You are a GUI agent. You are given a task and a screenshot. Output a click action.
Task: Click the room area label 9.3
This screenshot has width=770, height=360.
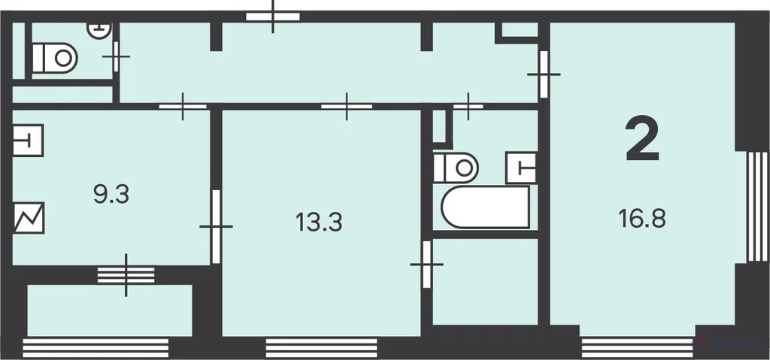click(111, 195)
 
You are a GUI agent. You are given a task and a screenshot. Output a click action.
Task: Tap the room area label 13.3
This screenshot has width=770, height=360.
click(319, 222)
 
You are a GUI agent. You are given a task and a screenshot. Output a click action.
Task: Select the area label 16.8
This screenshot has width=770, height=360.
click(642, 219)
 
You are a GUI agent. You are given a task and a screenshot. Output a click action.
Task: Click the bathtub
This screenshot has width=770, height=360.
click(486, 207)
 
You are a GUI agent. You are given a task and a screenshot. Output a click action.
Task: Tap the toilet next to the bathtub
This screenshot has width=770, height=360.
click(456, 168)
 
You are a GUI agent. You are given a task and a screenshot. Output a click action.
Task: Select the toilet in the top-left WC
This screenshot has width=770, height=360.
click(55, 58)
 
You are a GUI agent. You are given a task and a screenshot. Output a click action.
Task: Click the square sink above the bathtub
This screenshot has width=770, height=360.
click(521, 168)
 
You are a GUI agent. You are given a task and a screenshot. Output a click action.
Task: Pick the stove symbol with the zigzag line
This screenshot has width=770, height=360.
click(29, 217)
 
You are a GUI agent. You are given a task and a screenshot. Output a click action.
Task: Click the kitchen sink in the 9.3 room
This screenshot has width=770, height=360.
click(28, 141)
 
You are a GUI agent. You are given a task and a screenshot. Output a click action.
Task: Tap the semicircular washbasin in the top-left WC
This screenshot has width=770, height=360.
click(99, 30)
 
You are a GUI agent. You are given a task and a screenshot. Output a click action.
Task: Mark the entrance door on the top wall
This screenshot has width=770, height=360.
click(272, 17)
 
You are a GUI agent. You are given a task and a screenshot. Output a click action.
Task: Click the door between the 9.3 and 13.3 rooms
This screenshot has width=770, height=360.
click(216, 226)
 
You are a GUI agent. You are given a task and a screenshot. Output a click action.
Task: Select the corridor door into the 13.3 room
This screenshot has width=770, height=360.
click(347, 106)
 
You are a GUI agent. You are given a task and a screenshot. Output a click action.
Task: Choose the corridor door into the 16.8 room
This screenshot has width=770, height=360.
click(544, 74)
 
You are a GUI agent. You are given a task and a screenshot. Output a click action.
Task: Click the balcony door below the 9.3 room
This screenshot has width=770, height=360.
click(126, 275)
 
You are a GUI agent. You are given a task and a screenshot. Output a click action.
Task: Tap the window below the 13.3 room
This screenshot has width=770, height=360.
click(322, 348)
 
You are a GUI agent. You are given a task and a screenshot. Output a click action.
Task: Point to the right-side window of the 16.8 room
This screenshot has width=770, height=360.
click(757, 207)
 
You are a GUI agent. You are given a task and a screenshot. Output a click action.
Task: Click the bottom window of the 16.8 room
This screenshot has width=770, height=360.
click(638, 348)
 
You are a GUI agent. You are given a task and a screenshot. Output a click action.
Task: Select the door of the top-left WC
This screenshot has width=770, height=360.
click(116, 57)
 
